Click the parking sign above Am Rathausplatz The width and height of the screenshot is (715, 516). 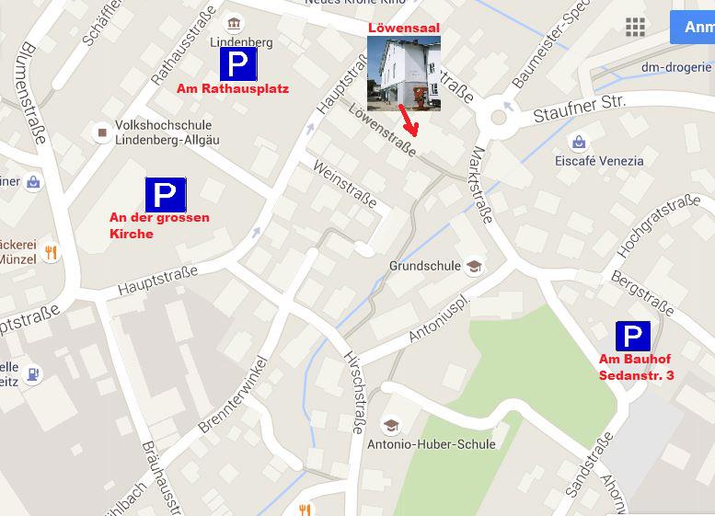(x=237, y=64)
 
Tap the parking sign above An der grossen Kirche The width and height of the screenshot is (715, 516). (x=166, y=194)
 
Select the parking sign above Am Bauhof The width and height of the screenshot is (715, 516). (x=632, y=337)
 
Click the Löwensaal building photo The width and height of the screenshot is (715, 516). (x=403, y=74)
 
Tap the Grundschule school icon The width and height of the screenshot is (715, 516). (x=475, y=267)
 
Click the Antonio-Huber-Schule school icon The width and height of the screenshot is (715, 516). (x=391, y=426)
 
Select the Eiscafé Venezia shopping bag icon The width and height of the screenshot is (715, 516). (x=578, y=142)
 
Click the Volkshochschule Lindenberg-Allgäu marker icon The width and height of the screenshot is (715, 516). (x=102, y=133)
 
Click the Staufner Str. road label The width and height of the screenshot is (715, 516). (x=580, y=109)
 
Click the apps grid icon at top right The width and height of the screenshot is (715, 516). (x=635, y=27)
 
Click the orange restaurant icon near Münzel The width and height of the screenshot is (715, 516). (x=52, y=252)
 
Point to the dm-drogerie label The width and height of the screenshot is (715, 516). (x=676, y=67)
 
